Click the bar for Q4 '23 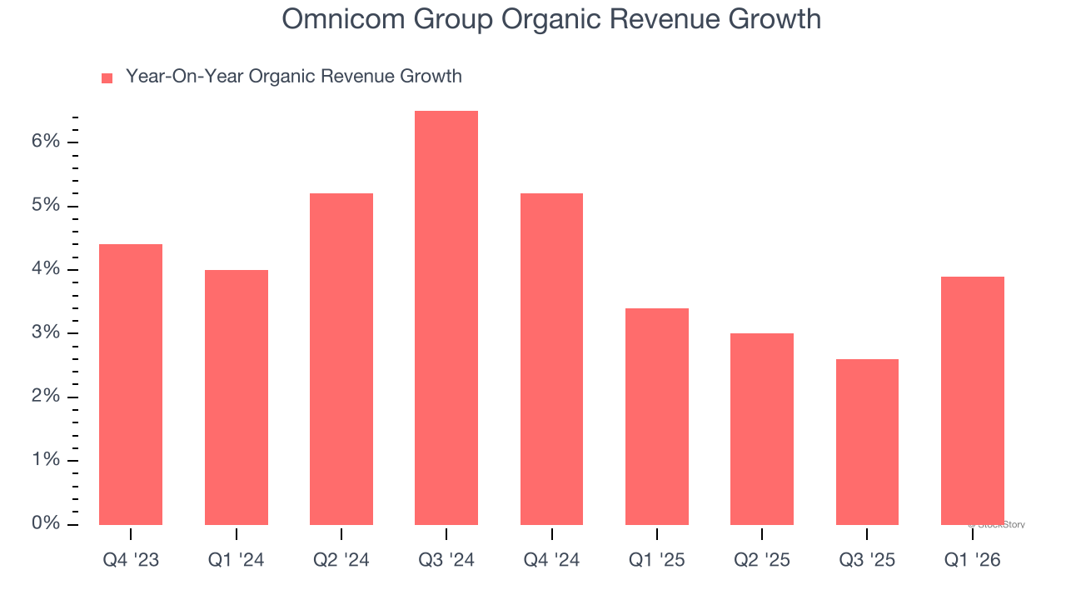[131, 384]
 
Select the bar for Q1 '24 [237, 397]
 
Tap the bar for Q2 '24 [341, 359]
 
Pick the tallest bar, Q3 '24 [446, 317]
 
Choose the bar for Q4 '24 [551, 359]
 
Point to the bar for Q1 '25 [657, 417]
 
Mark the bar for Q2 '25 [762, 429]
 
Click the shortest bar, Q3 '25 [867, 442]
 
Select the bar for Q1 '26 [972, 401]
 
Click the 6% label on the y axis [47, 142]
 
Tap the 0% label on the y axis [47, 523]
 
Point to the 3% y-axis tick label [47, 332]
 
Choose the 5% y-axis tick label [47, 205]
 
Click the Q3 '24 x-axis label [446, 560]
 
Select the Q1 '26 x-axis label [972, 560]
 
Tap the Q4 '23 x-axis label [131, 560]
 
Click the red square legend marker [107, 78]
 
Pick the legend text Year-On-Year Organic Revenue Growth [293, 77]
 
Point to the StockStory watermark [997, 525]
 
